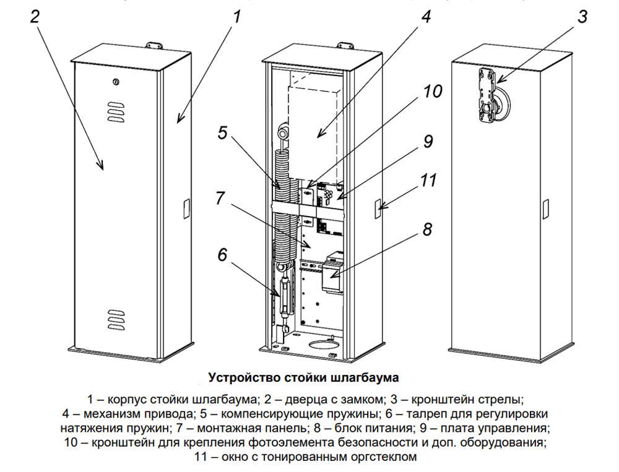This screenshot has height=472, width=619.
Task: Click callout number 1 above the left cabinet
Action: tap(236, 17)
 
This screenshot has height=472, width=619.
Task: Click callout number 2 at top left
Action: tap(35, 17)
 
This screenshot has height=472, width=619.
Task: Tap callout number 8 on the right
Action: tap(426, 230)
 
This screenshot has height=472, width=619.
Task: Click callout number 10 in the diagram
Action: tap(431, 92)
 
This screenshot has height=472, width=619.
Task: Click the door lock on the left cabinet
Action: tap(116, 82)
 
